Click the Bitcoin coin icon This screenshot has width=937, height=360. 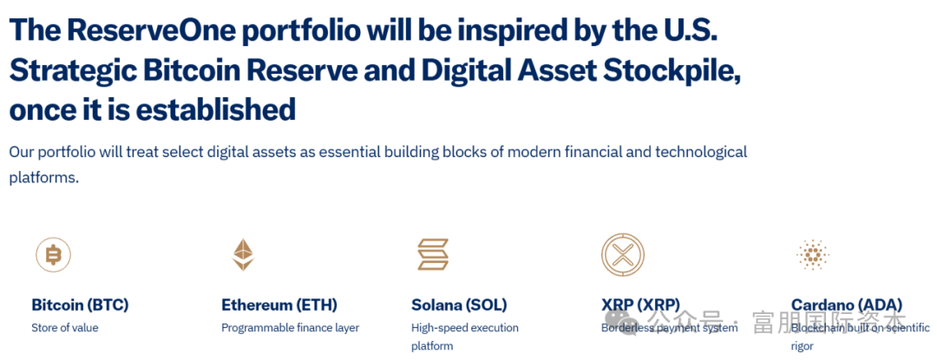(x=53, y=255)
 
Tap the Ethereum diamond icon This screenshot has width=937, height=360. (x=243, y=255)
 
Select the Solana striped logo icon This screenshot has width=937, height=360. (x=433, y=255)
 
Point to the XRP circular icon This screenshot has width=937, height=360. (x=623, y=255)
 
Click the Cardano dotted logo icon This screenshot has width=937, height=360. (x=813, y=255)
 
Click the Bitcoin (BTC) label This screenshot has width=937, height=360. (x=80, y=305)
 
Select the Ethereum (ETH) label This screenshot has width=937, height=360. (x=279, y=305)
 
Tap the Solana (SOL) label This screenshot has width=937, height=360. (x=459, y=305)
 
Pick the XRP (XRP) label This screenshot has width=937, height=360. (x=640, y=305)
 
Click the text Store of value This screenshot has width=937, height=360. (x=64, y=328)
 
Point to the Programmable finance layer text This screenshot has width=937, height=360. (x=291, y=328)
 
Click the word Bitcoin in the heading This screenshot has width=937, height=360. (x=188, y=70)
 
